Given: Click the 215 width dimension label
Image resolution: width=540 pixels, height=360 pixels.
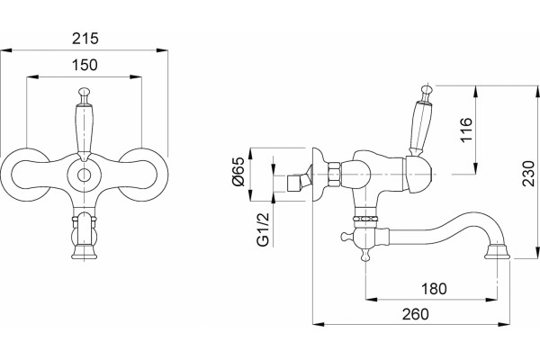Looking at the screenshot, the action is click(x=85, y=39).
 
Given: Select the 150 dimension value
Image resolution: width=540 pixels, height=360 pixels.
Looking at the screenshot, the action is click(x=85, y=65).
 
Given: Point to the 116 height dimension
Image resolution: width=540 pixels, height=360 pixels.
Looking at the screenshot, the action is click(x=467, y=130).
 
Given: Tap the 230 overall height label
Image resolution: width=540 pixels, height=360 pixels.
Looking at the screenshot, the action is click(x=529, y=174).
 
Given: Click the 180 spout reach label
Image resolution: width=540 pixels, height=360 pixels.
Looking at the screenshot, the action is click(x=435, y=289).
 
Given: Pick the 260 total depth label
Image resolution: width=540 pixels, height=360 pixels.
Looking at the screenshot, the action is click(x=416, y=314).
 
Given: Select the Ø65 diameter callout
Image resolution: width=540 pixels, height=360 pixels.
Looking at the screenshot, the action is click(x=238, y=171).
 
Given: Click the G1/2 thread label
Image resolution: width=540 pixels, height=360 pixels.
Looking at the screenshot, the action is click(x=263, y=229).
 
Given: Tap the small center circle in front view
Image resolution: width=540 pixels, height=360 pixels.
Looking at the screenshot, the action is click(x=84, y=175).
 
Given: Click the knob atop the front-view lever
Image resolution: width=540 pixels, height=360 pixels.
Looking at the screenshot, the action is click(x=84, y=93).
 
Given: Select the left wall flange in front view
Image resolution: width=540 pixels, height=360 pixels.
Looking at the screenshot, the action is click(x=24, y=175).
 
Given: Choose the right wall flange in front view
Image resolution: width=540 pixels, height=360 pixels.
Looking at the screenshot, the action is click(x=144, y=175).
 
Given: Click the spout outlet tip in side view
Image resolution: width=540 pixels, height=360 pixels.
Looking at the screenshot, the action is click(x=497, y=252).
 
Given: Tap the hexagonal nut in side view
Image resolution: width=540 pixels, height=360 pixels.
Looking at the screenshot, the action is click(x=335, y=174).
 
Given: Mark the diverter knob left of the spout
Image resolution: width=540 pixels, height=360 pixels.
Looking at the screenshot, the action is click(x=346, y=237).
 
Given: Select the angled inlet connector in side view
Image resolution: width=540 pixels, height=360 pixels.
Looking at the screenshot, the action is click(x=299, y=182).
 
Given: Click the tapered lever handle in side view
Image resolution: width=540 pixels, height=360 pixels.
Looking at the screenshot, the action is click(x=420, y=128).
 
